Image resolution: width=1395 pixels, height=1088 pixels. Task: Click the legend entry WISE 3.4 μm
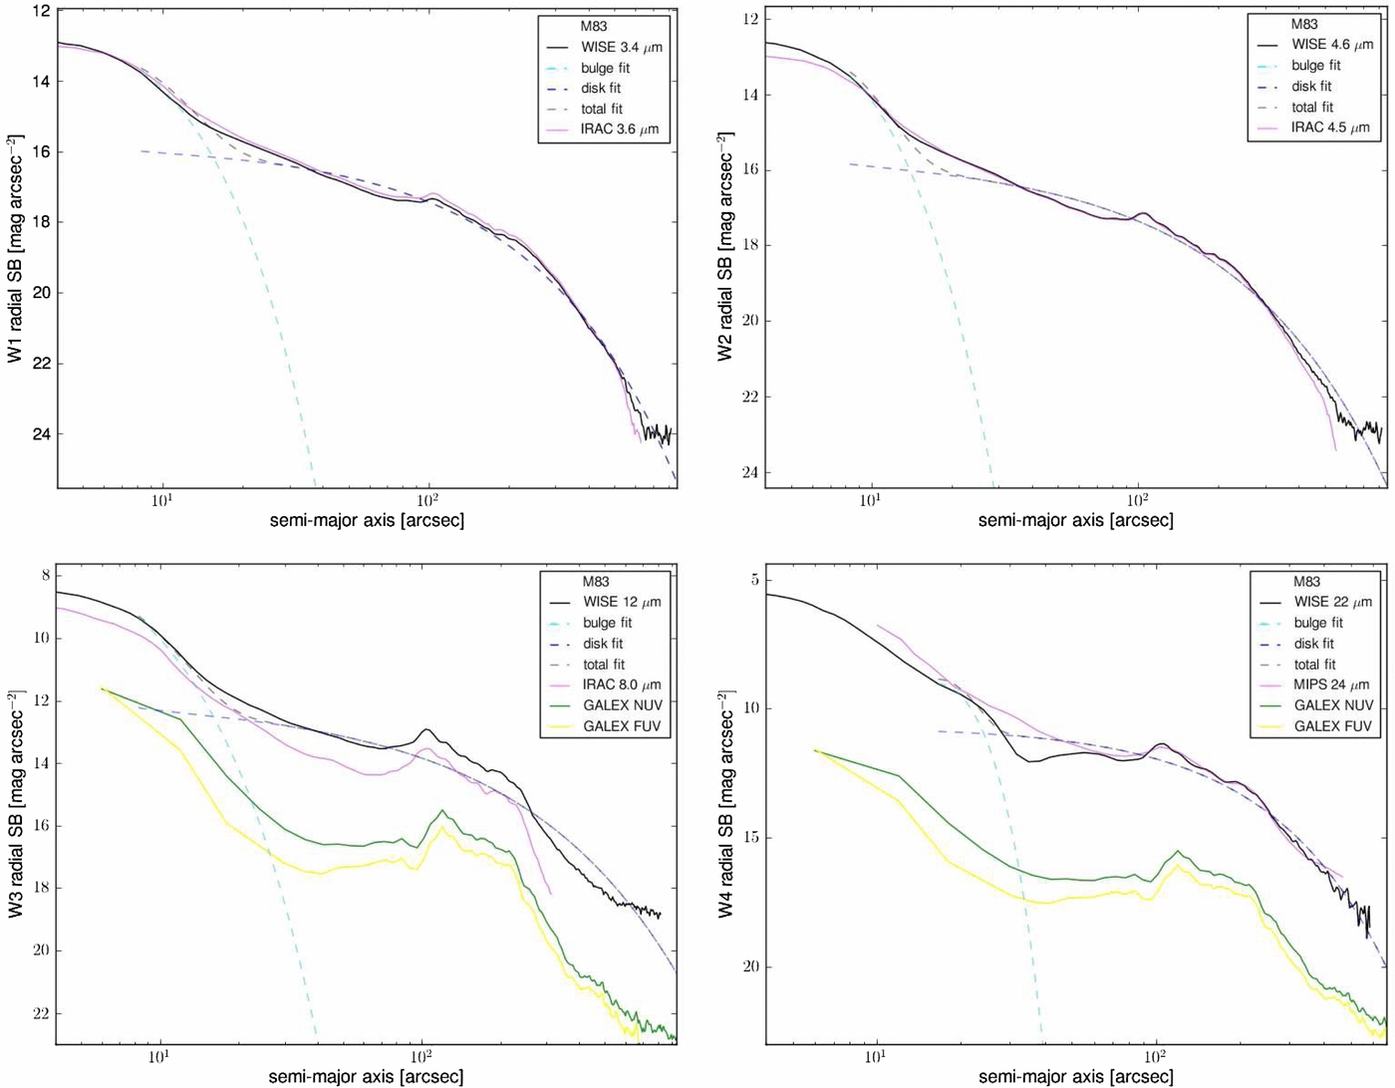(622, 47)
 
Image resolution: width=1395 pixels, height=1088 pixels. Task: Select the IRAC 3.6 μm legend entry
(619, 130)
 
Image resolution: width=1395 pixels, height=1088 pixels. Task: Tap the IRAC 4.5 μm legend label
(1331, 128)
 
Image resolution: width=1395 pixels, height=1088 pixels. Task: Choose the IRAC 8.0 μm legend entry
(622, 685)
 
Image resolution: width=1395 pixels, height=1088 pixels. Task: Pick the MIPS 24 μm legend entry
(1331, 684)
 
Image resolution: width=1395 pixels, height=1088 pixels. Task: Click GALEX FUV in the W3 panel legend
(622, 726)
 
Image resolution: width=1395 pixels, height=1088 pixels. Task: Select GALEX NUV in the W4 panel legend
(1333, 705)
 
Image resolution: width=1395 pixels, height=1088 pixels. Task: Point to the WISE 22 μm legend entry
(1332, 602)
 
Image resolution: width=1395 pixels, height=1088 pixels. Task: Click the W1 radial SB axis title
(15, 250)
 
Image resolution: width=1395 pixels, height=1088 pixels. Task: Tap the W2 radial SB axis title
(725, 246)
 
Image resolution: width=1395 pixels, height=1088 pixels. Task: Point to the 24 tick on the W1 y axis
(41, 434)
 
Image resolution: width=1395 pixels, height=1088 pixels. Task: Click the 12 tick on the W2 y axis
(751, 20)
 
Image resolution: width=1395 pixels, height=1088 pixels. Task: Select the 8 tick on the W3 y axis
(45, 576)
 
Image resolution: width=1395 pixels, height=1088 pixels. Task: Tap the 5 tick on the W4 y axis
(754, 580)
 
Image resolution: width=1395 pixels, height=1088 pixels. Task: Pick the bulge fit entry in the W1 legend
(605, 68)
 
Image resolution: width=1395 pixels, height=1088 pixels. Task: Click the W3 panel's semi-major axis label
(366, 1076)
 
